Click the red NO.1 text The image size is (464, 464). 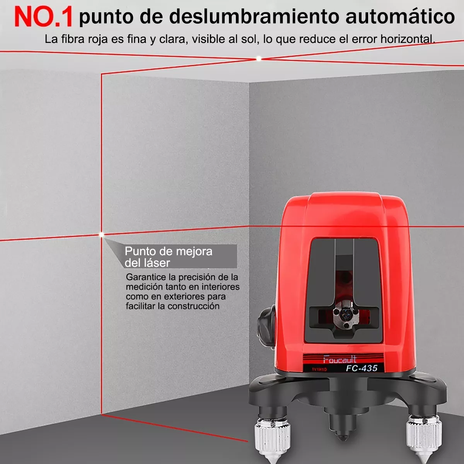[43, 16]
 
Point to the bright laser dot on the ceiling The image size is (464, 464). [259, 59]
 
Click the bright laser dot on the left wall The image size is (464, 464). [102, 234]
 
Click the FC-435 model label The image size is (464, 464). [362, 368]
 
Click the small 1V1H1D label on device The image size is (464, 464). [319, 370]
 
